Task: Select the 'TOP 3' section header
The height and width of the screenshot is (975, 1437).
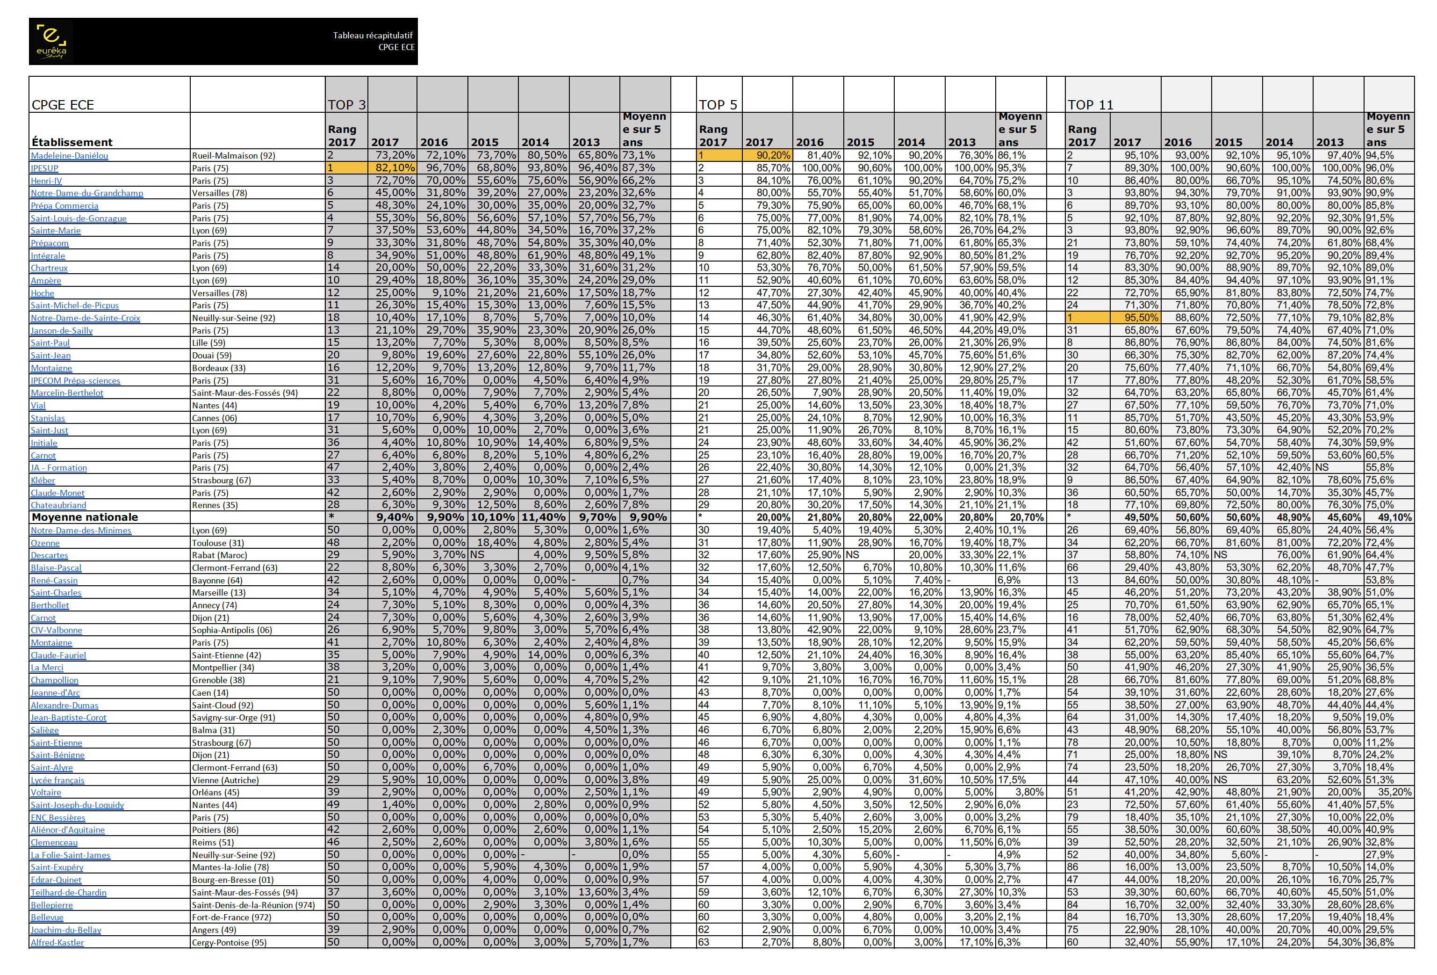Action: [346, 105]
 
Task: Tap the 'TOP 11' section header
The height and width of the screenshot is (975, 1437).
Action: [1090, 105]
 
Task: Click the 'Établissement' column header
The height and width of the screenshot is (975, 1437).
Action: [72, 142]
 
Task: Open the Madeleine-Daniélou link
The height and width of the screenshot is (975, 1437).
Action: [69, 156]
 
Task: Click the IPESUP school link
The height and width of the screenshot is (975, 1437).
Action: [44, 168]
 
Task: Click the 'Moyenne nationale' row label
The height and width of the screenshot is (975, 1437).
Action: [85, 517]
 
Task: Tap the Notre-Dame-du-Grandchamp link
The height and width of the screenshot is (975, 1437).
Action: [86, 193]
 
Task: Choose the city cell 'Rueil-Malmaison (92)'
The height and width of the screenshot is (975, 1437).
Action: [233, 156]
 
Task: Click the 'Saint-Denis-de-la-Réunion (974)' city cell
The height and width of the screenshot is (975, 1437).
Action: [253, 905]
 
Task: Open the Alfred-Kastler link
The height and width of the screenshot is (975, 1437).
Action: [57, 943]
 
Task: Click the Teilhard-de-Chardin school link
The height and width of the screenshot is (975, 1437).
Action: [69, 893]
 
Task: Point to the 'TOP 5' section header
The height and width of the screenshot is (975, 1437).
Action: [718, 105]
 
